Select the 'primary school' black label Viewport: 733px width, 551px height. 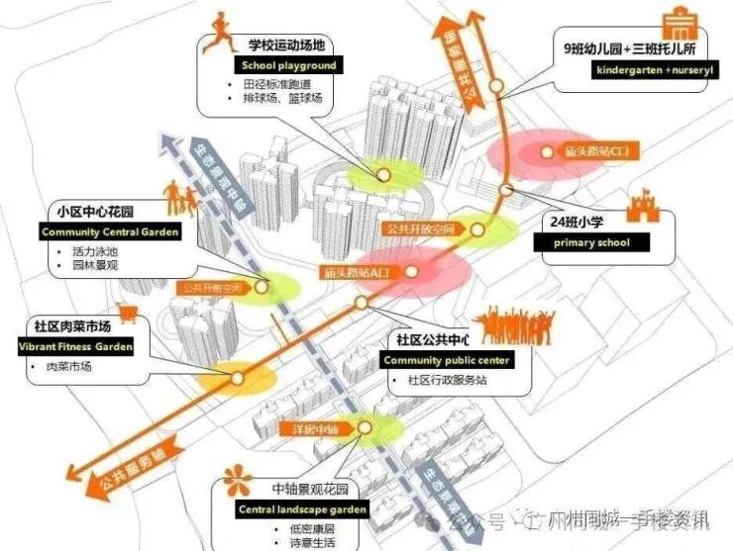579,242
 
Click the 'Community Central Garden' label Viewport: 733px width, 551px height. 110,231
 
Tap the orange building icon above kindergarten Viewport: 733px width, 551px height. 679,22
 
